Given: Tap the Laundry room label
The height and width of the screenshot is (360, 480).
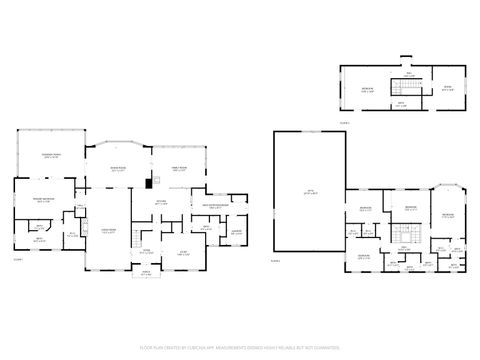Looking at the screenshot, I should [x=237, y=232].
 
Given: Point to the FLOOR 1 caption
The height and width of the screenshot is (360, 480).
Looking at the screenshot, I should [x=17, y=259].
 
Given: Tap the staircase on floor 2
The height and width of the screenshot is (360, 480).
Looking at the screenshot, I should [x=405, y=236].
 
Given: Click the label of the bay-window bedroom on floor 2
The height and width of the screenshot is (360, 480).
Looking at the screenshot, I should [x=447, y=215].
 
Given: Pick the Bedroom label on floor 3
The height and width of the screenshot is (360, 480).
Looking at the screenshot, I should [x=368, y=88].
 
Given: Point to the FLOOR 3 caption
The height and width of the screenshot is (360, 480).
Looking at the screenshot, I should [x=346, y=121].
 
